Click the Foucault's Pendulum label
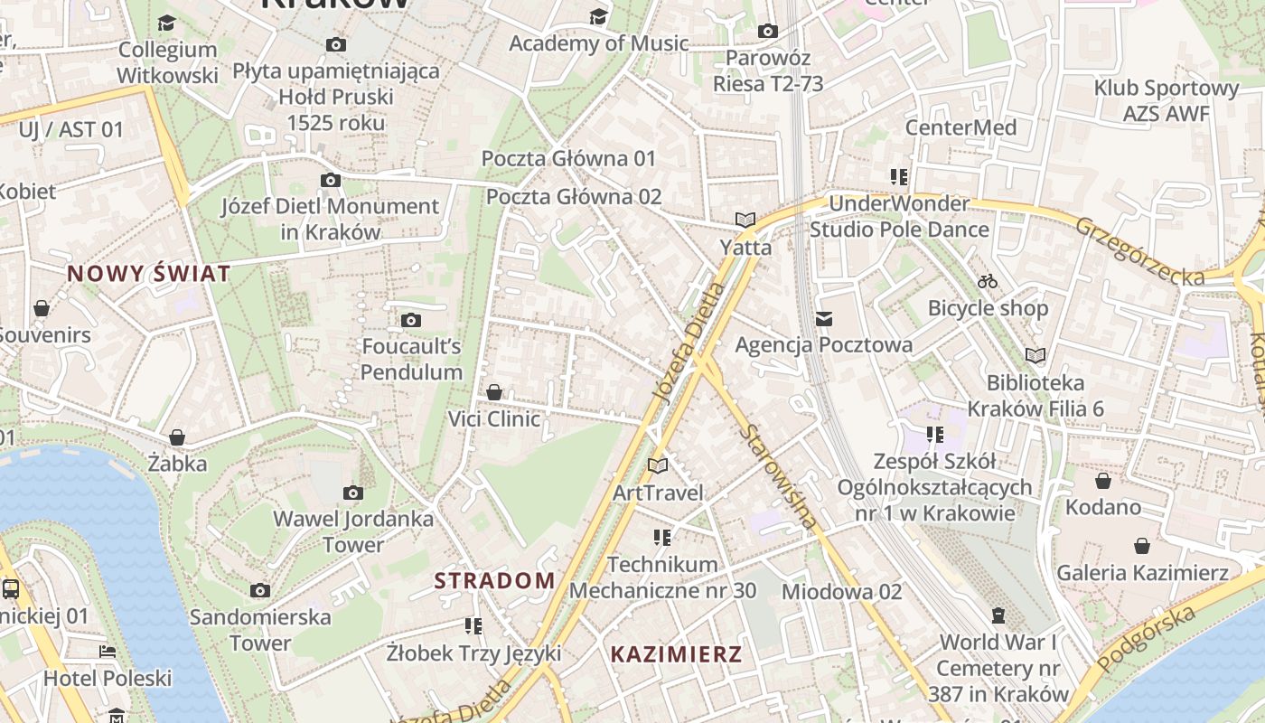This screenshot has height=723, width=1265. (x=411, y=359)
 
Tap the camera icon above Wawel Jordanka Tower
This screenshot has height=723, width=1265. (x=353, y=493)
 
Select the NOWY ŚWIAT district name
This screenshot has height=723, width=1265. (x=149, y=274)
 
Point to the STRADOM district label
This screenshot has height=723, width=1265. (x=494, y=580)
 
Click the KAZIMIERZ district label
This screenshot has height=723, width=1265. (x=676, y=654)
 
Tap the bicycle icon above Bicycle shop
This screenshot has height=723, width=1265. (x=988, y=281)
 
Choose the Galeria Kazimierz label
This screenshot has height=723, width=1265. (x=1142, y=572)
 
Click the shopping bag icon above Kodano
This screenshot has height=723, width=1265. (x=1102, y=481)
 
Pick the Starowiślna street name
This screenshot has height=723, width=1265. (x=779, y=475)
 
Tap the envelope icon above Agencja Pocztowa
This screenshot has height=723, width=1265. (x=824, y=318)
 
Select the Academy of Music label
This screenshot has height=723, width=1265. (x=598, y=42)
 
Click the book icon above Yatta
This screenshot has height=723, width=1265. (x=745, y=220)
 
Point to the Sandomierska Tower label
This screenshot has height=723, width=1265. (x=260, y=630)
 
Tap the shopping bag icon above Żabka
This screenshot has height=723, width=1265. (x=177, y=437)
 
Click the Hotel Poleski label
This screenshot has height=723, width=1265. (x=108, y=678)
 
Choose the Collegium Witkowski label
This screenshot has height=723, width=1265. (x=167, y=62)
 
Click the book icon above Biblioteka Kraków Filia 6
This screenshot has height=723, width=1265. (x=1035, y=355)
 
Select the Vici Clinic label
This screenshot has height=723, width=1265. (x=494, y=418)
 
